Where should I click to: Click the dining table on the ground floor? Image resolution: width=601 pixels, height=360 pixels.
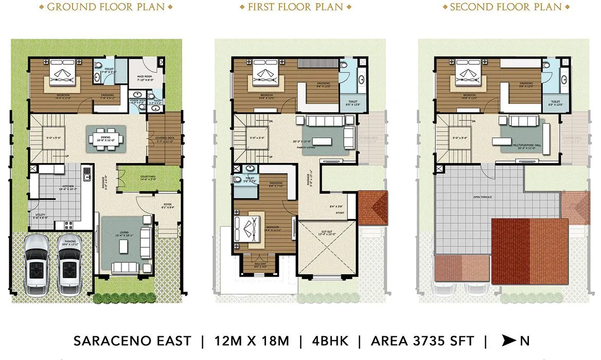[105, 138]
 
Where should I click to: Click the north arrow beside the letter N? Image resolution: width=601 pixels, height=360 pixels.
[509, 340]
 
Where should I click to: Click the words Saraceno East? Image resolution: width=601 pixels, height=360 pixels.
[132, 340]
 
